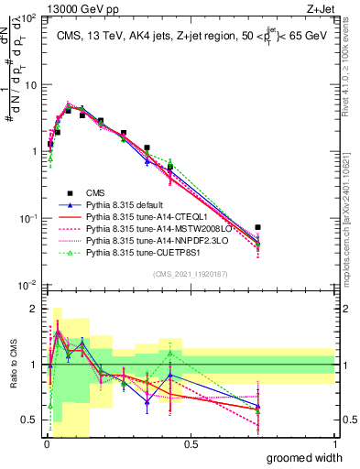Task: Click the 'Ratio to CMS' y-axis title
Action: pyautogui.click(x=12, y=365)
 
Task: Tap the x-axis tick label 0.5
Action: pyautogui.click(x=191, y=442)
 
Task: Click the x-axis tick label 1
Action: pyautogui.click(x=334, y=442)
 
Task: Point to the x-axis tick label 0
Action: pyautogui.click(x=46, y=442)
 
